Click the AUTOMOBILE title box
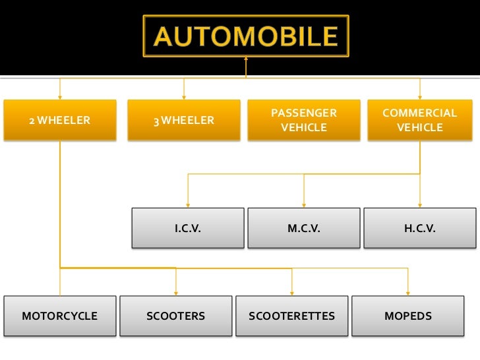(246, 36)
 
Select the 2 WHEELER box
(60, 120)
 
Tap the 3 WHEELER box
(184, 120)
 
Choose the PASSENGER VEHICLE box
(304, 120)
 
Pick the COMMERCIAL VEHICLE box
(419, 120)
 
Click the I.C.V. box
(188, 228)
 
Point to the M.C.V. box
(304, 228)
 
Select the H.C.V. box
(419, 228)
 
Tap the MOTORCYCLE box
(60, 316)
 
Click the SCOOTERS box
(176, 316)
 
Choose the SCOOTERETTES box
(291, 316)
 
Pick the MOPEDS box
(408, 316)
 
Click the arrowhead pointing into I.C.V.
(188, 204)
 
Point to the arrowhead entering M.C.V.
(304, 204)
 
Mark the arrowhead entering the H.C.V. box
(419, 204)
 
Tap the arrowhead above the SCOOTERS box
(176, 292)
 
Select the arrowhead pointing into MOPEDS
(408, 292)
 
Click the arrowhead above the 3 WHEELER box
(184, 96)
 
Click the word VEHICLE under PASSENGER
(304, 127)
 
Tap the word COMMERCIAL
(419, 113)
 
